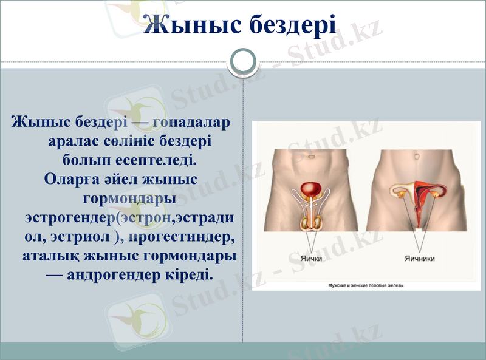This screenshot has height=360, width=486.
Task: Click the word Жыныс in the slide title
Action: [193, 25]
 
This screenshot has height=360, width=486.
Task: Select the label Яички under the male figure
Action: [310, 258]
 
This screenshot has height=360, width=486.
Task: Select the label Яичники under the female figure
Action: [419, 258]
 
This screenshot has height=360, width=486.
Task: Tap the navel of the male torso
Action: [310, 155]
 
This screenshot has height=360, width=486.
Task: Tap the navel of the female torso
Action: [417, 156]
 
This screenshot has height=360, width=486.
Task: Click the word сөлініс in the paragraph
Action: [127, 141]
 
